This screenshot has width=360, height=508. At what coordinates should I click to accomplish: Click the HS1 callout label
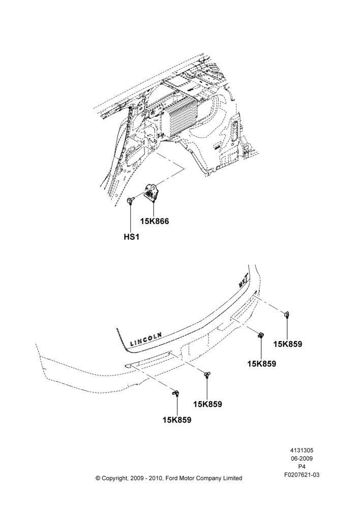(131, 237)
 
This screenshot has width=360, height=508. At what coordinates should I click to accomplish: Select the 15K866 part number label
(155, 221)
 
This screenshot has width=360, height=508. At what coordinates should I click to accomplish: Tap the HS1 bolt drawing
(130, 200)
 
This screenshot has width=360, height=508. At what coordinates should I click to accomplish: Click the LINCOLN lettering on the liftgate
(146, 338)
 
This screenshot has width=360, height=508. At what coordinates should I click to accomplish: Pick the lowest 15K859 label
(177, 420)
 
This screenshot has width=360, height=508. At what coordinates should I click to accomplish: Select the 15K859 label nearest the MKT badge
(288, 344)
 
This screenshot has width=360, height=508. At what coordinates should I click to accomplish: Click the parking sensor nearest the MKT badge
(287, 314)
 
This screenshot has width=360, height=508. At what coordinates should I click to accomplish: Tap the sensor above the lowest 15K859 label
(176, 393)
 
